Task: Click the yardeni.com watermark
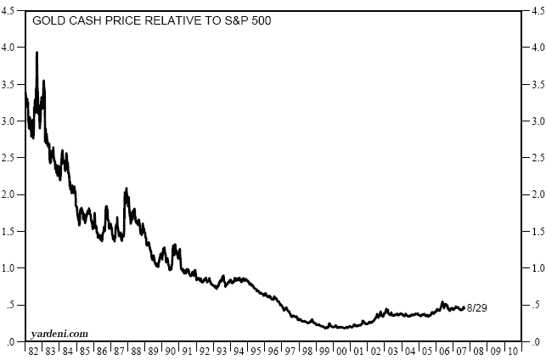point(59,334)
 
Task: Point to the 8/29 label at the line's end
point(477,307)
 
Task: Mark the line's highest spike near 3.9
point(37,53)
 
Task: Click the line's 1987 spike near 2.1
point(127,188)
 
